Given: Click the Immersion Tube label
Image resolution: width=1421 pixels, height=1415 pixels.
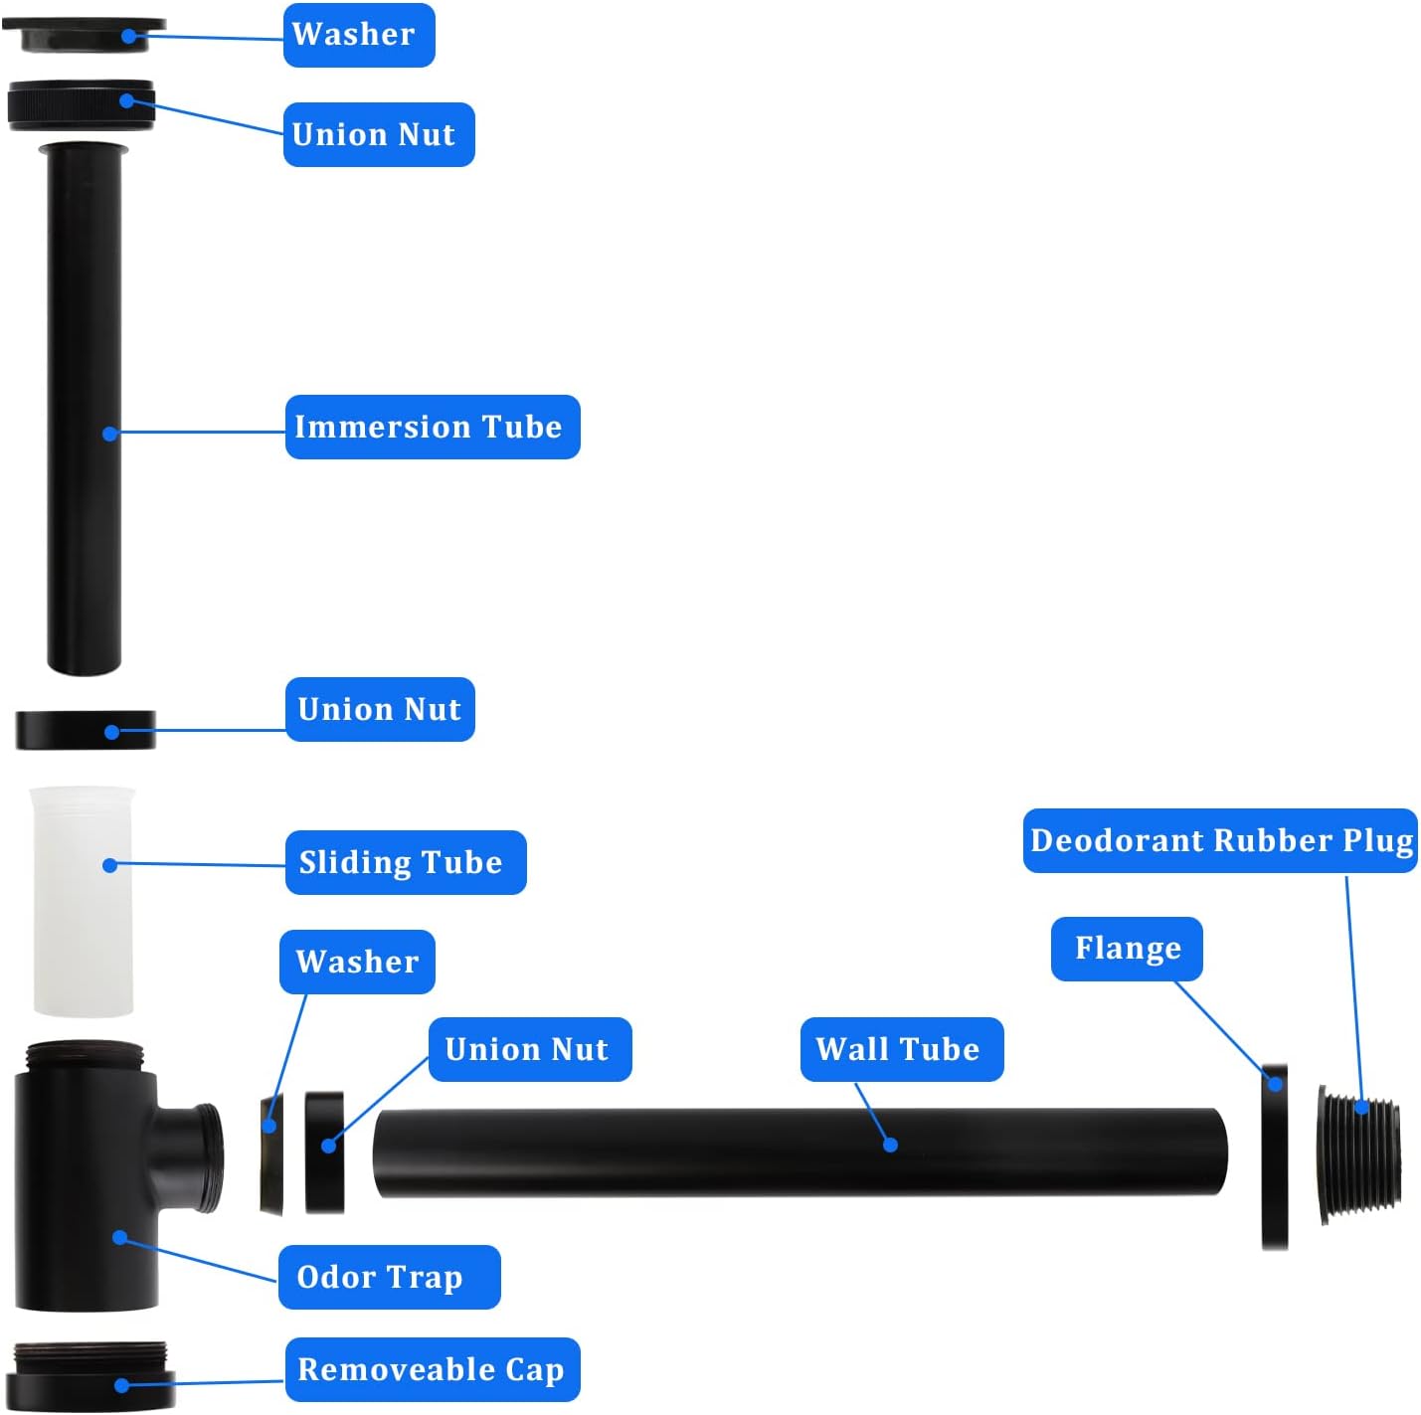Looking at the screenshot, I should [432, 427].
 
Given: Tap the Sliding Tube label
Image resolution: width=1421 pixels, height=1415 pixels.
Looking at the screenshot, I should [405, 862].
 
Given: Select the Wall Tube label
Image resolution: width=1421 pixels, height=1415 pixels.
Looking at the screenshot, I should [901, 1049].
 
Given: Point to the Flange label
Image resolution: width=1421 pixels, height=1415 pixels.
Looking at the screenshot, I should [1127, 949].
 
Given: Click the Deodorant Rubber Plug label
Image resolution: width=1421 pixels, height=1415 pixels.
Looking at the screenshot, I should [1220, 841].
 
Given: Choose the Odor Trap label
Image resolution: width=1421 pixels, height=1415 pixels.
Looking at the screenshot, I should [388, 1277].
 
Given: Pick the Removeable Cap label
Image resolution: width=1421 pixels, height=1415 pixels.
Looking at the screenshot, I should [432, 1369].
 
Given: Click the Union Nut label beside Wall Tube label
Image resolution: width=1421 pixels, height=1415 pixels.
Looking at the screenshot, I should [529, 1049].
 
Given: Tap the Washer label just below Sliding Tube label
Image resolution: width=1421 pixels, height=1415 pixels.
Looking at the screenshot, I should [357, 962].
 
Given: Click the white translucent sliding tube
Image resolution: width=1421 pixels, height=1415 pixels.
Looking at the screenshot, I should [83, 925].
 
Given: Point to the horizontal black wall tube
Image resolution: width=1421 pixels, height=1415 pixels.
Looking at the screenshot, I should [696, 1153].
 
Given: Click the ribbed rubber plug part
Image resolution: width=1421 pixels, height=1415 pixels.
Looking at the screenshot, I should [1360, 1153].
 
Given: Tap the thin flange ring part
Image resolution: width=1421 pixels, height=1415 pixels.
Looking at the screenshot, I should [1274, 1158].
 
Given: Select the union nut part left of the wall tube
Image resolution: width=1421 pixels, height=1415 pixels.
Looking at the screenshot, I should [324, 1153].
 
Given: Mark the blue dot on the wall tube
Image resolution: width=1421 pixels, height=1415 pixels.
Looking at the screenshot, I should [891, 1145].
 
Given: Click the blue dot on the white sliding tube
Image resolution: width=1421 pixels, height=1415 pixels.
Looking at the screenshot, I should [110, 865].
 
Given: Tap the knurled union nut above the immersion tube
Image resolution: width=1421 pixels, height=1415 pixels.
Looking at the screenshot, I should [80, 104].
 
